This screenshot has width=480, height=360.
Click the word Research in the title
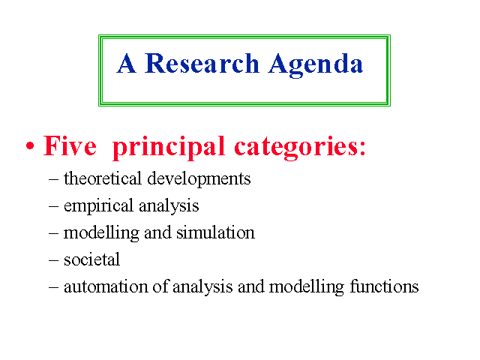202,63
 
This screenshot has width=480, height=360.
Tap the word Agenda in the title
316,65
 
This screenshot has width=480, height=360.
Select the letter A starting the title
126,63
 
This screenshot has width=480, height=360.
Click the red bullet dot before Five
30,145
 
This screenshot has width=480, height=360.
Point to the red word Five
70,145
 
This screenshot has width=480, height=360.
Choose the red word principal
169,148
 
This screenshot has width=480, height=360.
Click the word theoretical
103,178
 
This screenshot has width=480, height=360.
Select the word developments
199,178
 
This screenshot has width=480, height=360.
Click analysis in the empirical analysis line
169,205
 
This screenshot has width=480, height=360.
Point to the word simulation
215,232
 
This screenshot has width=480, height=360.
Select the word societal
91,259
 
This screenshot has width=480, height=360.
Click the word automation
106,286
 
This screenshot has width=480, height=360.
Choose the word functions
384,286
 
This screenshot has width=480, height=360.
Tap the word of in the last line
160,286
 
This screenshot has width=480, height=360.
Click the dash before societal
53,260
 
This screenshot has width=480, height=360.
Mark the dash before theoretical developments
53,179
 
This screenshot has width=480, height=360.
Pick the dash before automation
53,288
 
